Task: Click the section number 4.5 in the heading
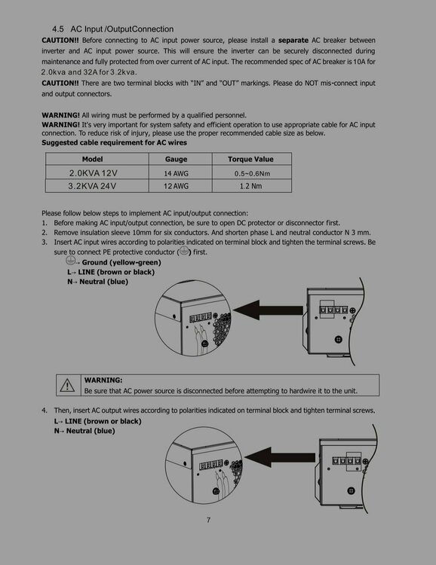click(x=58, y=29)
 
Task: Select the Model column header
click(x=92, y=159)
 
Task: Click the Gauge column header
click(x=176, y=159)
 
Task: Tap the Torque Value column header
click(x=250, y=159)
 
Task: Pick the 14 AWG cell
click(x=176, y=173)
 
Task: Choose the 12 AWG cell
click(x=176, y=186)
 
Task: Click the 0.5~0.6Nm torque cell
click(x=252, y=174)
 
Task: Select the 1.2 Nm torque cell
click(x=251, y=186)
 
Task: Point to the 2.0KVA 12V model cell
click(x=93, y=173)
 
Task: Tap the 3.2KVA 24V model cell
click(x=92, y=186)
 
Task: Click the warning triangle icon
click(x=67, y=386)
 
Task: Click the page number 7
click(x=208, y=520)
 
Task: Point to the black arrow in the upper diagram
click(x=269, y=310)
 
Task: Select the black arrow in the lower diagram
click(x=280, y=457)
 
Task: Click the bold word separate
click(x=293, y=41)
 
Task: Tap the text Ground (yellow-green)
click(x=121, y=262)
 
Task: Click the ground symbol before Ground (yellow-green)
click(x=70, y=260)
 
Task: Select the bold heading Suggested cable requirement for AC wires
click(x=114, y=142)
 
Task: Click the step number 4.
click(x=44, y=410)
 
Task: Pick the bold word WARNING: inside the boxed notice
click(x=103, y=380)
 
